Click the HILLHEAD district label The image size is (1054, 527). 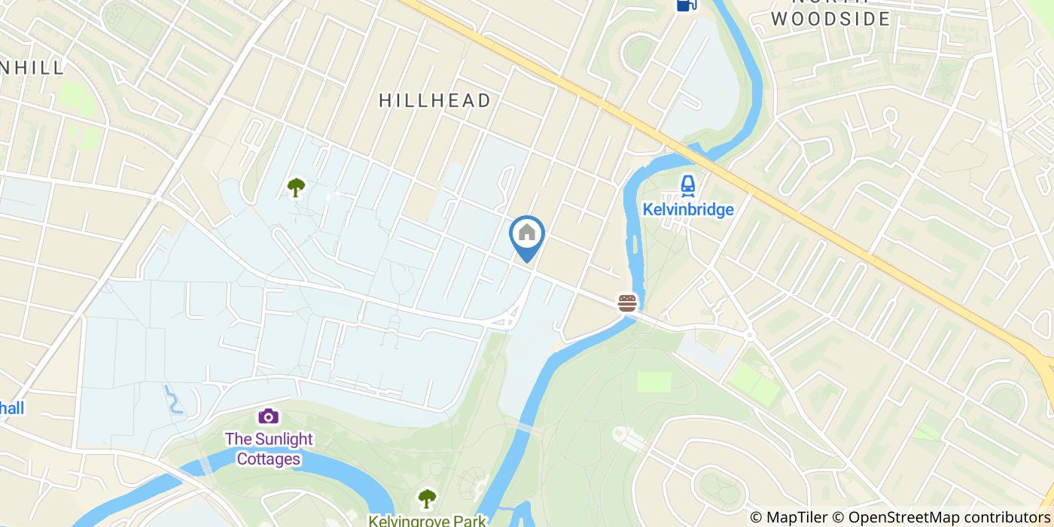[434, 100]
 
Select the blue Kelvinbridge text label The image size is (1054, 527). [688, 209]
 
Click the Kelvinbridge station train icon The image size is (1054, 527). [687, 185]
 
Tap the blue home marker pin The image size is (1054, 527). [527, 235]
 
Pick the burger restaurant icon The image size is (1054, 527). [627, 303]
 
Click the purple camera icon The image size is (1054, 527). [268, 416]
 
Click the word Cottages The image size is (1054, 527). [269, 458]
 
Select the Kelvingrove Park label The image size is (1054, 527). [427, 519]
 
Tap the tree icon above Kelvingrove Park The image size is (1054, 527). [427, 498]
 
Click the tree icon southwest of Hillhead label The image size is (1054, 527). [297, 187]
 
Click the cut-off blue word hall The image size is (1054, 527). [12, 408]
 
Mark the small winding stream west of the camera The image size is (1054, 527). [173, 399]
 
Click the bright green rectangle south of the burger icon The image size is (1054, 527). [653, 382]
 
